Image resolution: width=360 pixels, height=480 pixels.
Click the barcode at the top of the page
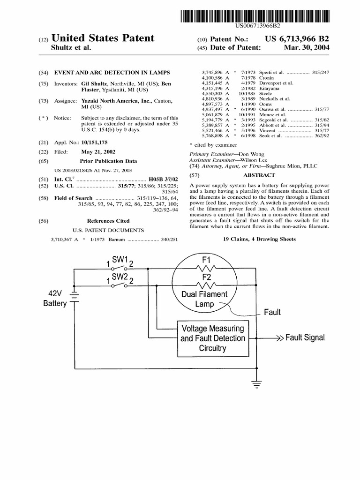click(x=255, y=16)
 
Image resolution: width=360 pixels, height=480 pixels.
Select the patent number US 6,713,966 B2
click(x=297, y=39)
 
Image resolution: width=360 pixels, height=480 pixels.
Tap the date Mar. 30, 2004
click(x=307, y=47)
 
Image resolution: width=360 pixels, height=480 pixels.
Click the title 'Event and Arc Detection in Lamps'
click(x=112, y=73)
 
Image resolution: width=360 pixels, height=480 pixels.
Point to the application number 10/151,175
click(x=94, y=142)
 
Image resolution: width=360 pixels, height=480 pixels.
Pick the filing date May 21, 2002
click(x=98, y=152)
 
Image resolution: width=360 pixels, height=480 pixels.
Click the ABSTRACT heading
click(x=259, y=175)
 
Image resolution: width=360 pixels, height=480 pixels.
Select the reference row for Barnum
click(x=114, y=240)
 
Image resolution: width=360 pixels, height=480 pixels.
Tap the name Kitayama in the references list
click(x=269, y=88)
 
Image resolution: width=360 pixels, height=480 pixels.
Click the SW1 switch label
click(x=120, y=260)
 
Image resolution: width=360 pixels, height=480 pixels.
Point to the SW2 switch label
click(x=120, y=277)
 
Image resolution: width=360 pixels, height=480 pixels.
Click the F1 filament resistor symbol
click(x=206, y=268)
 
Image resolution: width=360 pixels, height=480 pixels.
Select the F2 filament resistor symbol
click(x=206, y=285)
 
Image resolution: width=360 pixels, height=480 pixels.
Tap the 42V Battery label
click(x=55, y=299)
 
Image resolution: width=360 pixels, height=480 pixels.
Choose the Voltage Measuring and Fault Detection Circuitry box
click(x=213, y=338)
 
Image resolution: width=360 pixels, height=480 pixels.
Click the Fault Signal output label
click(x=305, y=337)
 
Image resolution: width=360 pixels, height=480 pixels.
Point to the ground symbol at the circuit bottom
click(x=257, y=384)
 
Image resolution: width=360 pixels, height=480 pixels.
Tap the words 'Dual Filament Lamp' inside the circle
click(x=204, y=299)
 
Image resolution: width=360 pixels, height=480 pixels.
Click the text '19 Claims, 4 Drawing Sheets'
click(x=259, y=239)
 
